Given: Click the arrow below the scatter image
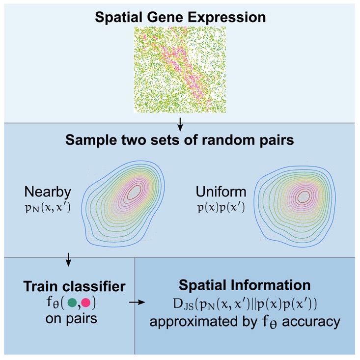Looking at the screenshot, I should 180,127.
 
